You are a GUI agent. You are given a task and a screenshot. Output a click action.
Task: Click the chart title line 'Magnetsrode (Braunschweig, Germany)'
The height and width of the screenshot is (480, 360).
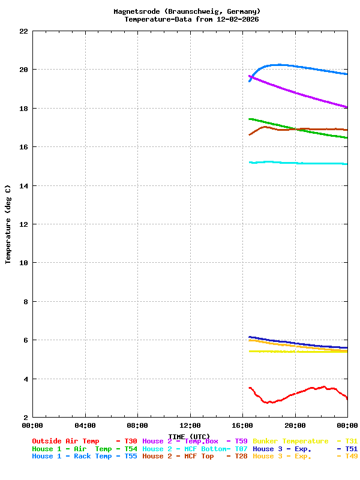(187, 11)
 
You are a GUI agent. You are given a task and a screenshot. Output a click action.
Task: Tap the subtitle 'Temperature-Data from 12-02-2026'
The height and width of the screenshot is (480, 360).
(191, 19)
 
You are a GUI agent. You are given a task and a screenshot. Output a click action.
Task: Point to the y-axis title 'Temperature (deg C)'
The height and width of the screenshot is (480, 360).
(8, 224)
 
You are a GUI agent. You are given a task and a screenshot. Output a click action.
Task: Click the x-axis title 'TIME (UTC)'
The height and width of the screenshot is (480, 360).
(189, 436)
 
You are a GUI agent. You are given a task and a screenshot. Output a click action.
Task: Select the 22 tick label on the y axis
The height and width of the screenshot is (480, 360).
(23, 31)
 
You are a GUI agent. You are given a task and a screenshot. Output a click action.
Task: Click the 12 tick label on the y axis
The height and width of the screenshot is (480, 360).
(23, 224)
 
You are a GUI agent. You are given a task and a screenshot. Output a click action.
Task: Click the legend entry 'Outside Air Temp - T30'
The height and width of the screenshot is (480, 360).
(85, 441)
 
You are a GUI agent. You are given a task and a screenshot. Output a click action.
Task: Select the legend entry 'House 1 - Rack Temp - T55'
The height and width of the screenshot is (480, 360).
(85, 457)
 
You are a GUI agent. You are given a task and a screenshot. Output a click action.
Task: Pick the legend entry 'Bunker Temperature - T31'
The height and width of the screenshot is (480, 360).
(305, 441)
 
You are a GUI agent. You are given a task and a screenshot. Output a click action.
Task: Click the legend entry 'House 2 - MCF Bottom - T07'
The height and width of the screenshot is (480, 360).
(195, 449)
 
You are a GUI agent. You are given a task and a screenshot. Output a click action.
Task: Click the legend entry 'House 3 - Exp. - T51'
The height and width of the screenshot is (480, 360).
(305, 449)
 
